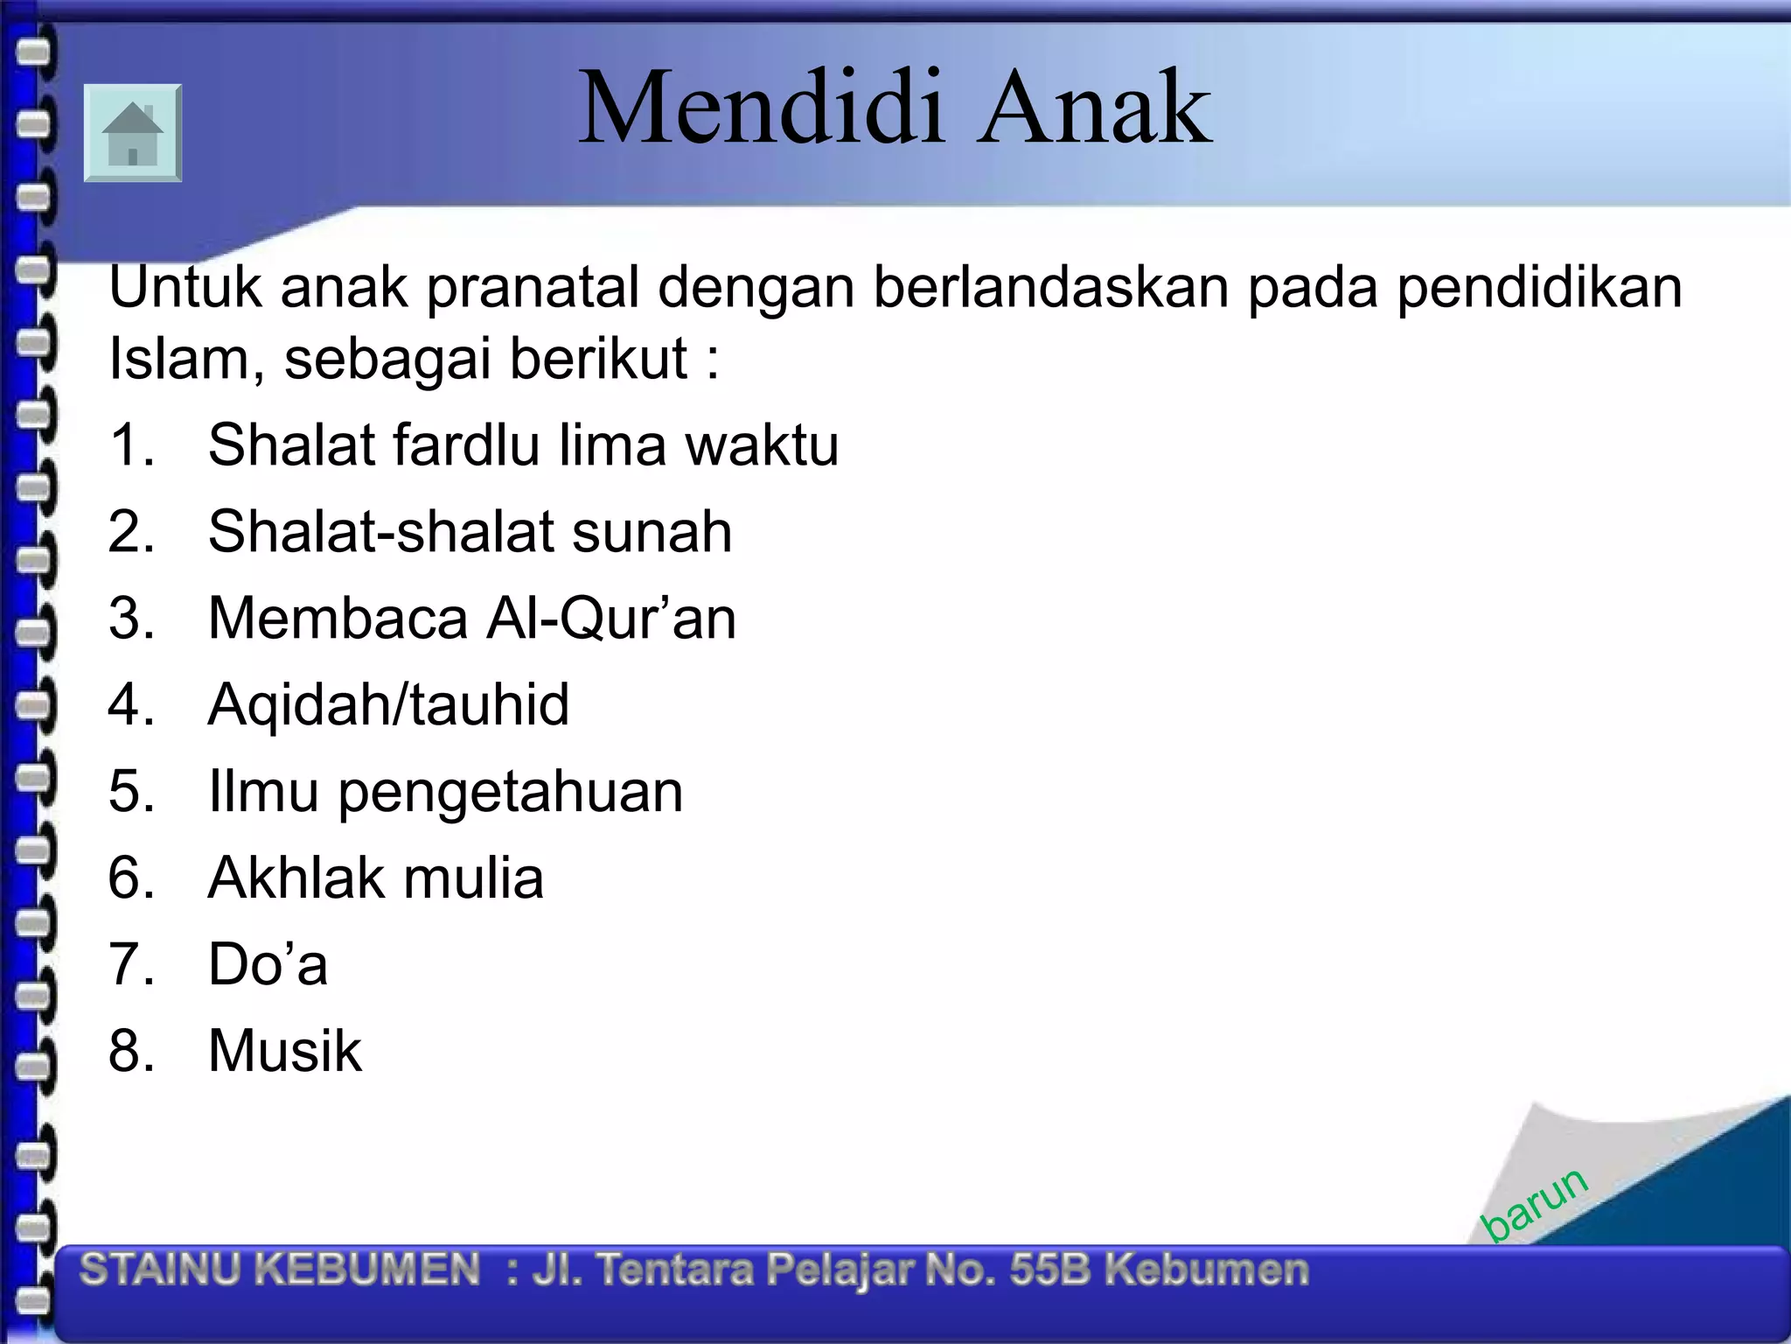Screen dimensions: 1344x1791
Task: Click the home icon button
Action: coord(133,133)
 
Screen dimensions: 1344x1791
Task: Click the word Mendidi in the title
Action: coord(761,108)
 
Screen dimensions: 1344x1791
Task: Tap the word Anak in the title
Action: coord(1095,108)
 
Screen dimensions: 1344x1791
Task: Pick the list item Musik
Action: coord(284,1050)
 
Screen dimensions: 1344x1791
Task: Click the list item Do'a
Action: coord(268,964)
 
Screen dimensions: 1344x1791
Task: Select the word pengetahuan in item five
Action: coord(511,793)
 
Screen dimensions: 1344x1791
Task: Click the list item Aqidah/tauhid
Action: coord(388,705)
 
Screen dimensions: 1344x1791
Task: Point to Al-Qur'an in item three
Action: coord(611,619)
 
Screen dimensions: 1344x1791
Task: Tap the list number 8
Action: coord(130,1050)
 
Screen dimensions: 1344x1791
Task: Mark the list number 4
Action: coord(130,704)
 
